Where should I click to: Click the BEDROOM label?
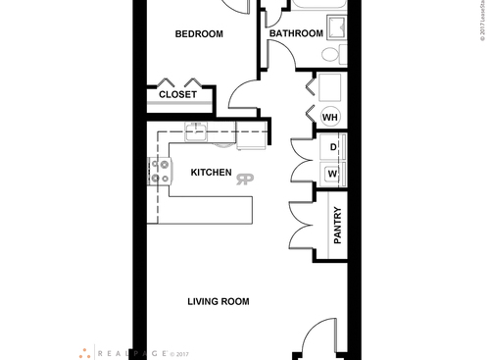[x=199, y=34]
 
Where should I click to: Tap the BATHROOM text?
[x=296, y=33]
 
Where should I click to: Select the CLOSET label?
[x=177, y=95]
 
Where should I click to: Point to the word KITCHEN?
[x=211, y=173]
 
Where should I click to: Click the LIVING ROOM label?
[x=218, y=301]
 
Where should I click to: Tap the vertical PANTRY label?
[x=337, y=227]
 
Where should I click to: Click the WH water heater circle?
[x=330, y=117]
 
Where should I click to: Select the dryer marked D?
[x=333, y=148]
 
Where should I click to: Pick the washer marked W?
[x=333, y=174]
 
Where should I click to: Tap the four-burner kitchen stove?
[x=157, y=173]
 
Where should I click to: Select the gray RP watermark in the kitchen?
[x=245, y=178]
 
